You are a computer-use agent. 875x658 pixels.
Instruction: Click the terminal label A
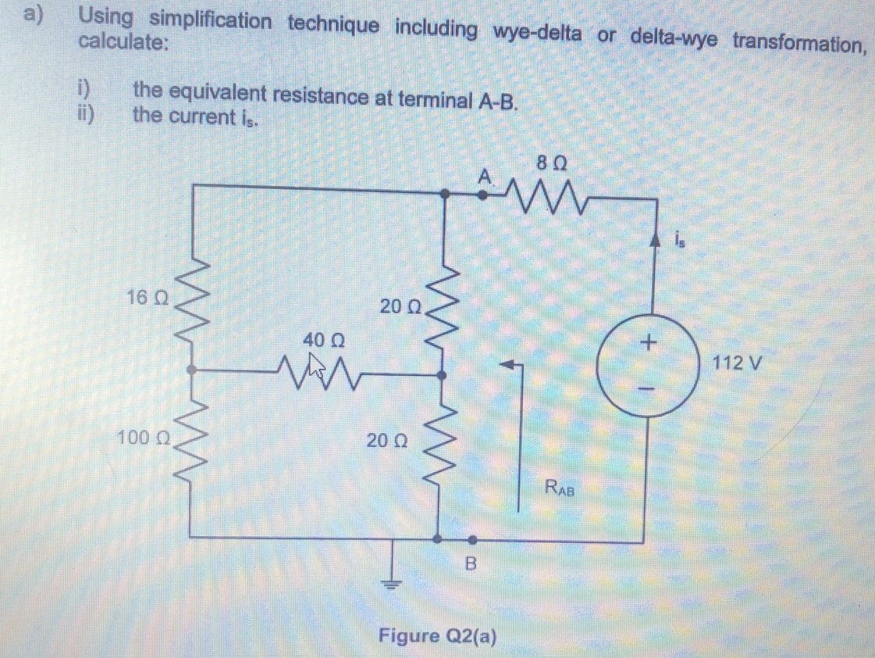click(486, 177)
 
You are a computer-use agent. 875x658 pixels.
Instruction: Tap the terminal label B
click(470, 563)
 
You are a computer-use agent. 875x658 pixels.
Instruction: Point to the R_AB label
click(560, 490)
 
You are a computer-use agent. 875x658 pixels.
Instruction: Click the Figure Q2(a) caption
click(437, 635)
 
